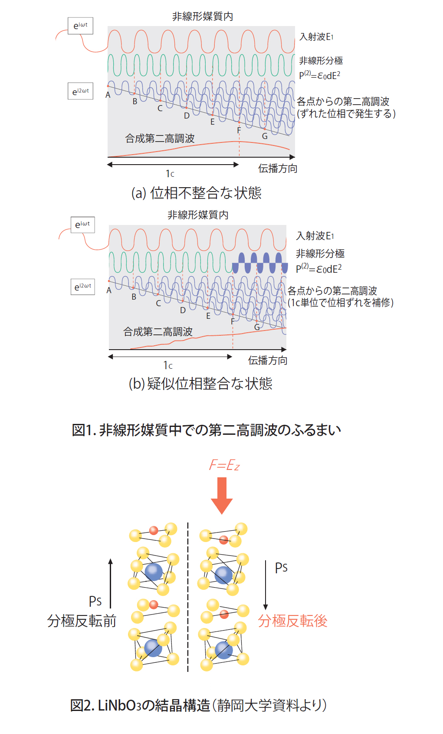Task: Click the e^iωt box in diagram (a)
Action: coord(80,26)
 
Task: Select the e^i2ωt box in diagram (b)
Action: coord(82,287)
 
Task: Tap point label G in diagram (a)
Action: coord(265,136)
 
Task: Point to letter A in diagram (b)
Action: coord(109,291)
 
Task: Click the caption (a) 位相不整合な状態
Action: coord(196,193)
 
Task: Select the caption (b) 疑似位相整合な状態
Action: coord(200,384)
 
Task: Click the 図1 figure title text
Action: coord(207,430)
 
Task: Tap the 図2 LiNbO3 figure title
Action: coord(198,705)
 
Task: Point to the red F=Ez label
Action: coord(224,466)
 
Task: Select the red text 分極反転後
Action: coord(292,621)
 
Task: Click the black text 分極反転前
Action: coord(82,621)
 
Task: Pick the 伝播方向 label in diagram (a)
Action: coord(278,169)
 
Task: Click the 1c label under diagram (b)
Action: coord(168,365)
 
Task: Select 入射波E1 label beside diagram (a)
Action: coord(316,37)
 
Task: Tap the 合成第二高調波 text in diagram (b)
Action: coord(158,332)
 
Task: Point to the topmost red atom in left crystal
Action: coord(154,530)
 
